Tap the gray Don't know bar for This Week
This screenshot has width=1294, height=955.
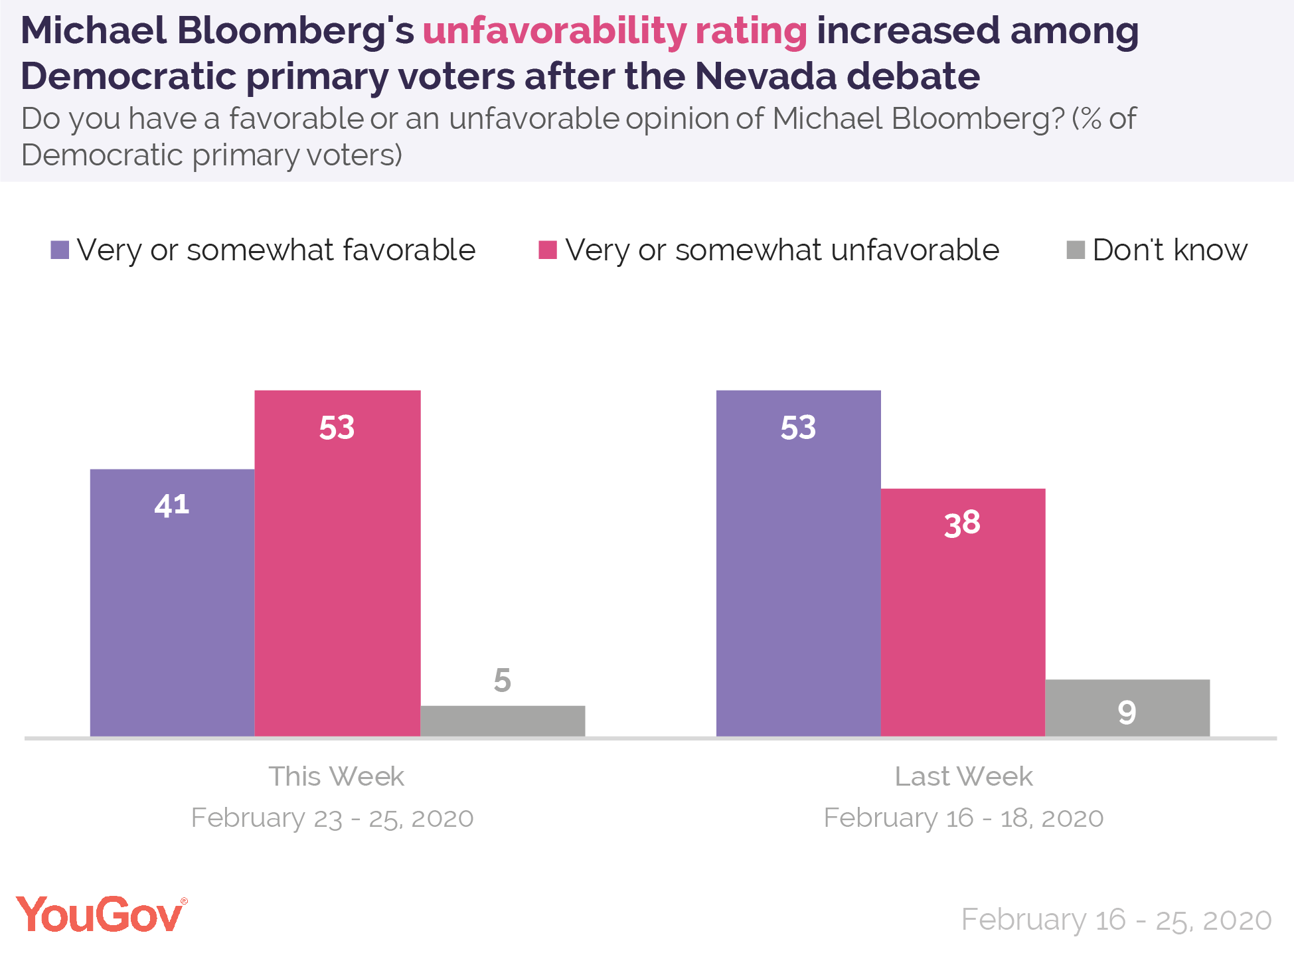[x=503, y=721]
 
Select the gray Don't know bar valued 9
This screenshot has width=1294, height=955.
[x=1127, y=707]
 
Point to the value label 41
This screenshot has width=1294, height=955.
[x=172, y=505]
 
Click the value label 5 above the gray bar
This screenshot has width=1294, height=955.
[x=503, y=680]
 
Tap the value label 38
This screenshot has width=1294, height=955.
[x=963, y=523]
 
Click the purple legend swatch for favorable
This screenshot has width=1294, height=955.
[x=60, y=250]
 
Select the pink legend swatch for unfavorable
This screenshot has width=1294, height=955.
[x=548, y=250]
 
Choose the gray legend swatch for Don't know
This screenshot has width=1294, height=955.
[x=1076, y=250]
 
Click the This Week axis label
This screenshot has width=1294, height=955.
[x=336, y=776]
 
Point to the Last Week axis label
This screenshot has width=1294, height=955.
[x=963, y=776]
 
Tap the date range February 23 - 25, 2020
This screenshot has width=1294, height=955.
[x=333, y=818]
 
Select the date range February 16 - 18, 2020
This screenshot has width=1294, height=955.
[x=963, y=818]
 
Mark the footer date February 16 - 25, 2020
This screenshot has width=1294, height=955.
[x=1116, y=920]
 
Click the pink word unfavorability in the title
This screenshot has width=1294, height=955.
[x=554, y=31]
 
